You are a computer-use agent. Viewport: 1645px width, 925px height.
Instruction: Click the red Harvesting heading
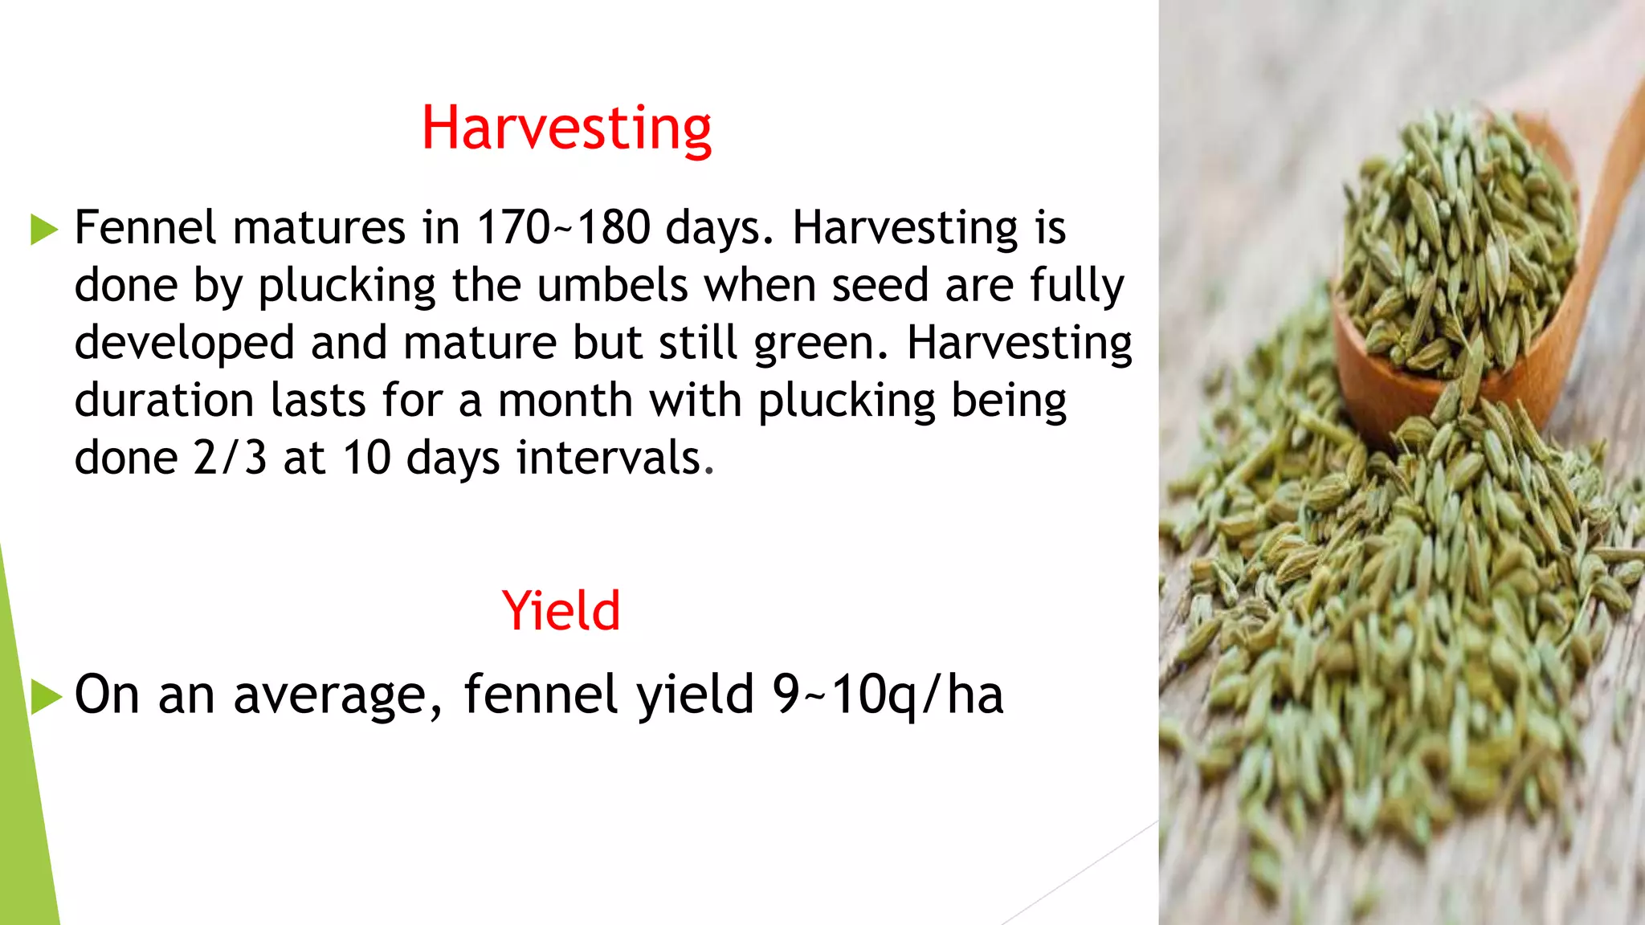(566, 128)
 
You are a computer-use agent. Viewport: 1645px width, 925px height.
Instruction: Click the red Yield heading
(561, 611)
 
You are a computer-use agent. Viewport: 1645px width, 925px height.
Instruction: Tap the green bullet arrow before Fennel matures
(44, 230)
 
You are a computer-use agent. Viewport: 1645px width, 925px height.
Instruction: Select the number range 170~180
(563, 227)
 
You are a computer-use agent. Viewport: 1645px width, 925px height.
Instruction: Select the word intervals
(614, 458)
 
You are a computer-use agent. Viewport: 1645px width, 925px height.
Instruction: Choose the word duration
(164, 400)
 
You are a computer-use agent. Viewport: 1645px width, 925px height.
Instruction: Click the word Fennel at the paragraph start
(145, 227)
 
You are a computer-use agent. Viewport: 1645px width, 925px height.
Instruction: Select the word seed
(880, 285)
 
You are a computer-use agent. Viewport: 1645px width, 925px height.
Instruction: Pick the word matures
(319, 227)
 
